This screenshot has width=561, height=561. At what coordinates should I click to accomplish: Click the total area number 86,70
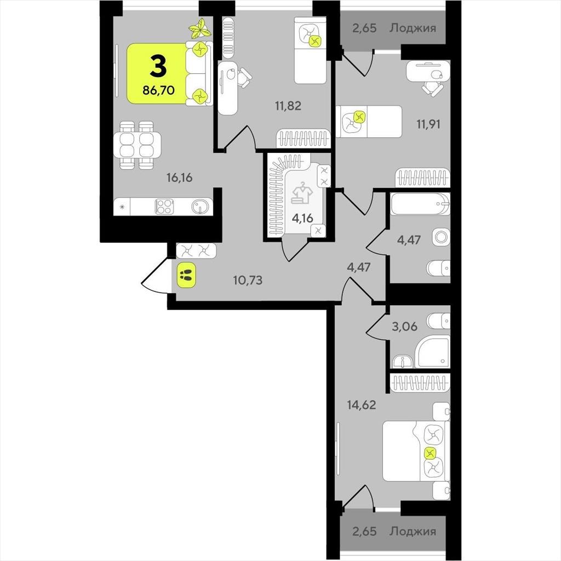(x=158, y=90)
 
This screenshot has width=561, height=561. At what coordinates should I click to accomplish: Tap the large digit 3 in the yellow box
(x=158, y=67)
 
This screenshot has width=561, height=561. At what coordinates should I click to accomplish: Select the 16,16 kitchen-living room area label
(x=179, y=178)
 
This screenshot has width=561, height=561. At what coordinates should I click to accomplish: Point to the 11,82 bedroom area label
(x=288, y=106)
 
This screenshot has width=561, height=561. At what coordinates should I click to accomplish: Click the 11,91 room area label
(x=428, y=124)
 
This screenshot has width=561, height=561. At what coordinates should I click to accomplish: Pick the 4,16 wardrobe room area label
(x=302, y=218)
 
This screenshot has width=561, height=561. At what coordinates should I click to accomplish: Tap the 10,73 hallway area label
(x=248, y=280)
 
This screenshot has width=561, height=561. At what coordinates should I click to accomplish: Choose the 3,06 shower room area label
(x=405, y=327)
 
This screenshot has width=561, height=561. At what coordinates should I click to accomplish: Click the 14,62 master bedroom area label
(x=362, y=405)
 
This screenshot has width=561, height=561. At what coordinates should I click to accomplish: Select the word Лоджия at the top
(x=413, y=28)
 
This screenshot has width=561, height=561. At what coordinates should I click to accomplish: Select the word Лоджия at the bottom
(x=413, y=531)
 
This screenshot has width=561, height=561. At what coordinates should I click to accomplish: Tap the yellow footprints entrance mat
(x=186, y=275)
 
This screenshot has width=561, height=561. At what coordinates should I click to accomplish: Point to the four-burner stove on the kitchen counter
(x=164, y=207)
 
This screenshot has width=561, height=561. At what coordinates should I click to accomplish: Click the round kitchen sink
(x=199, y=207)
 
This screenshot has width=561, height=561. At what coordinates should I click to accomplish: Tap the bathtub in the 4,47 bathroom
(x=420, y=204)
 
